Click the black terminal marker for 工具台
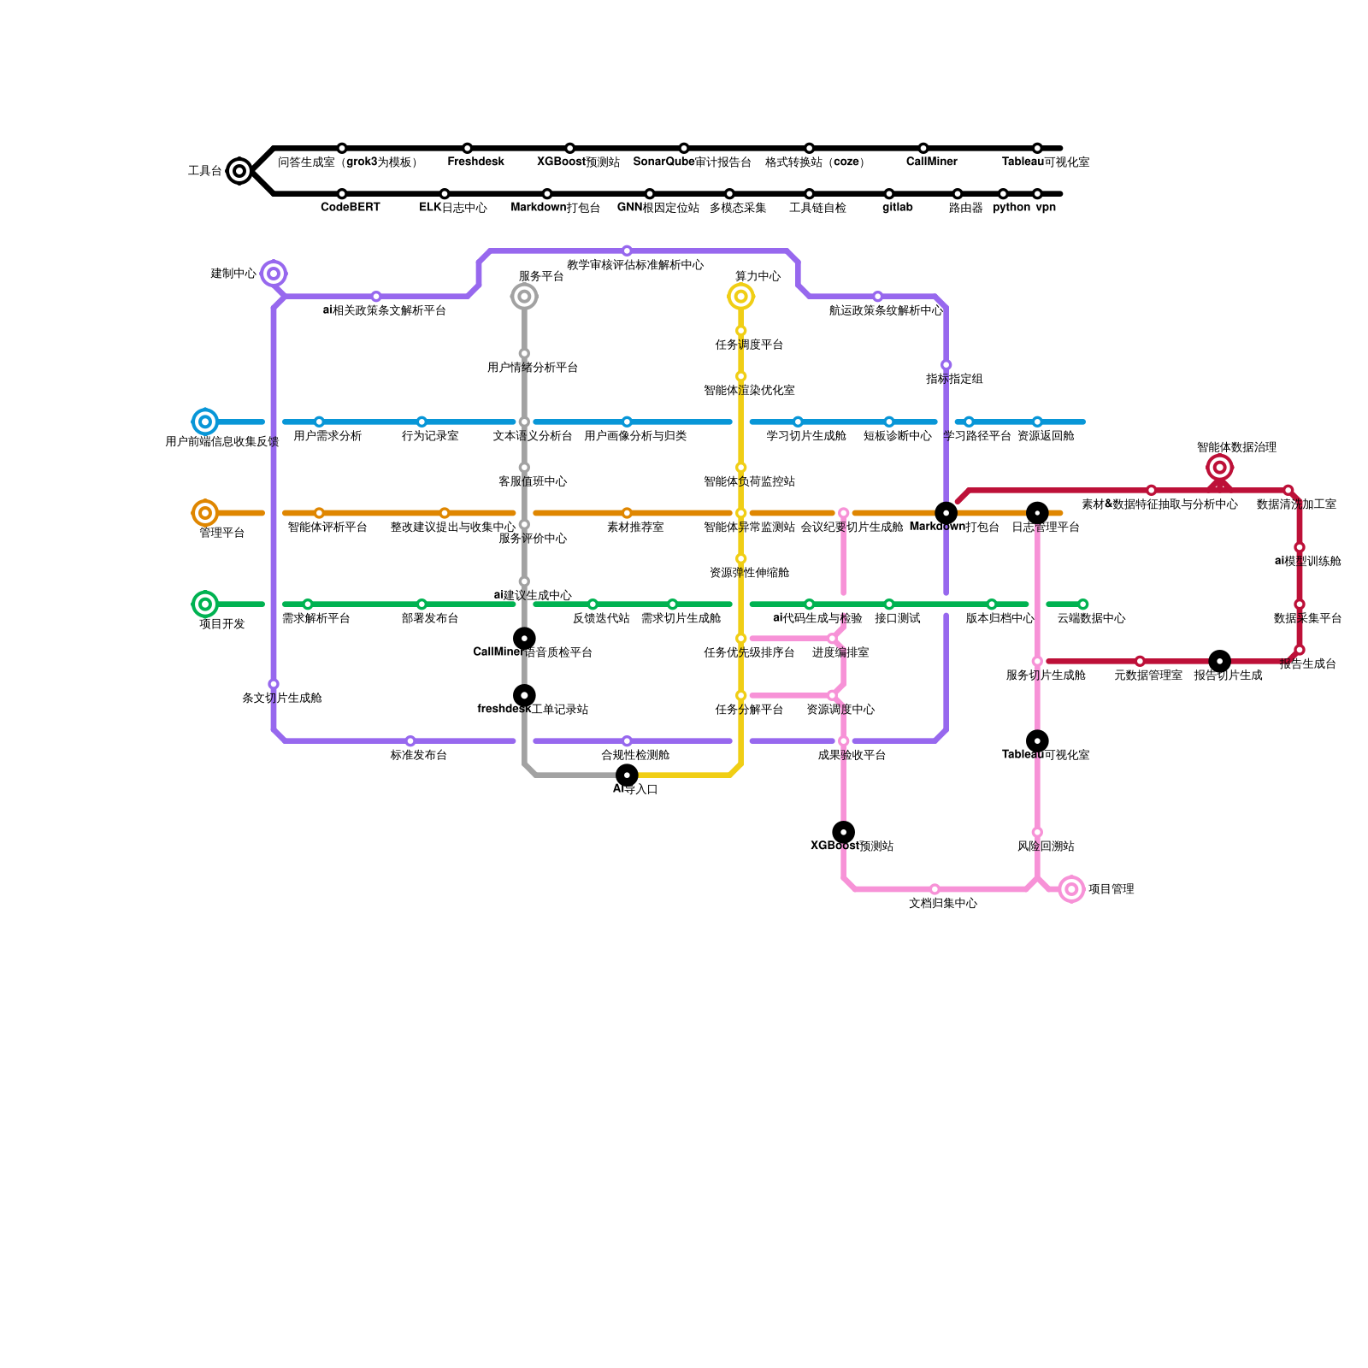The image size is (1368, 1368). click(x=239, y=171)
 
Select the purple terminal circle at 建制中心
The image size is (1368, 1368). click(x=274, y=274)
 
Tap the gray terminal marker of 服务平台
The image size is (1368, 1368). click(x=524, y=297)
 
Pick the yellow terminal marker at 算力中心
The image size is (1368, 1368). click(x=741, y=297)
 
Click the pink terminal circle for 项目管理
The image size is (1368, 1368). click(x=1071, y=889)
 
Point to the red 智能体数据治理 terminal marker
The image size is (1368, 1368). click(x=1220, y=468)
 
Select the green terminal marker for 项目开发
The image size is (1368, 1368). click(x=205, y=604)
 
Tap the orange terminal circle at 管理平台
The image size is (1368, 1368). click(x=205, y=513)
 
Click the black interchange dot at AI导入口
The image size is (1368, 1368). click(x=627, y=775)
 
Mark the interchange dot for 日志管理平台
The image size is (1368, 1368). click(x=1037, y=513)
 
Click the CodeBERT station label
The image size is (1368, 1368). click(x=350, y=208)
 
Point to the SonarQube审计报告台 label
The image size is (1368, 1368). click(x=692, y=162)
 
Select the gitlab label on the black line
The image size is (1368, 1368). click(x=897, y=208)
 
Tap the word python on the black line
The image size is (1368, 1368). click(x=1011, y=208)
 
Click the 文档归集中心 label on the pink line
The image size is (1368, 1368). click(x=942, y=904)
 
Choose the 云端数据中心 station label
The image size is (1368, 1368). click(x=1091, y=618)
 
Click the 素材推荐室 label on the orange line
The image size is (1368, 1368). click(x=635, y=528)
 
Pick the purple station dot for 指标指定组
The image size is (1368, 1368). click(x=946, y=365)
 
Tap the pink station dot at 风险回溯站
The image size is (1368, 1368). click(x=1037, y=833)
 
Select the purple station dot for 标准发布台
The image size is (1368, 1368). click(x=410, y=741)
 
